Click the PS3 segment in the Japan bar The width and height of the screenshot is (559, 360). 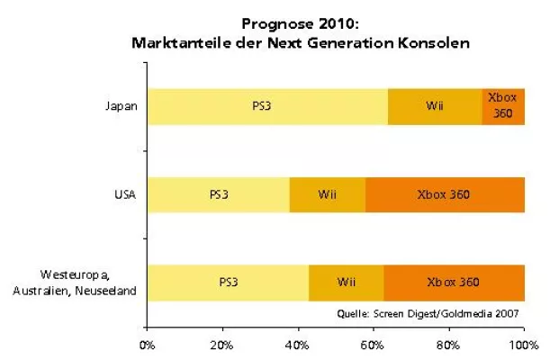coord(267,106)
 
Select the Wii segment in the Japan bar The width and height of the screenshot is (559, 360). coord(435,106)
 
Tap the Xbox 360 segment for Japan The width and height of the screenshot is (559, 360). coord(503,106)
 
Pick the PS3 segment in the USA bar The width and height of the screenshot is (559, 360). coord(219,194)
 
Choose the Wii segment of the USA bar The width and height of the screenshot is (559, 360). coord(328,194)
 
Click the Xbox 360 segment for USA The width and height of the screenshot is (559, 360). coord(445,194)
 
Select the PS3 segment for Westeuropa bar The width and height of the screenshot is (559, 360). coord(228,282)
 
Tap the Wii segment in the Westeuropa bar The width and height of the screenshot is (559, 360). coord(347,282)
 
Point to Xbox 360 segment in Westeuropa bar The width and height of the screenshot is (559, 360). coord(454,282)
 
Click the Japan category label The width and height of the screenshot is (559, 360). coord(121,106)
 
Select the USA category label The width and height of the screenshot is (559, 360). coord(123,194)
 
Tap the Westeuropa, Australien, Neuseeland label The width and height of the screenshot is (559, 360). coord(89,282)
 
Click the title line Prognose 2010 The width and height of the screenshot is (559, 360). coord(302,24)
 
